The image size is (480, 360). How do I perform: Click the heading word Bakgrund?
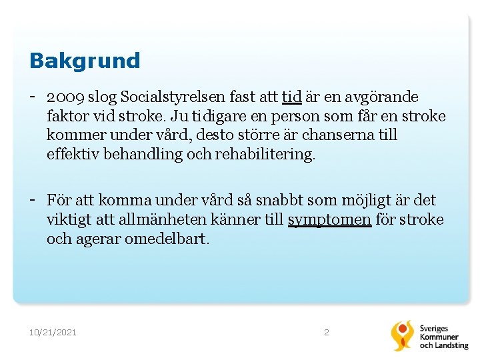tap(85, 61)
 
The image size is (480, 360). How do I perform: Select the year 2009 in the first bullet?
tap(66, 97)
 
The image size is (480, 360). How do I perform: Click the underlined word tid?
tap(292, 97)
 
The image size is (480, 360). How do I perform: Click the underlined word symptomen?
tap(329, 219)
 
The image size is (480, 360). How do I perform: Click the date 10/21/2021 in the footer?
tap(53, 332)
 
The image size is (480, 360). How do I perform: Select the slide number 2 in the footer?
tap(326, 332)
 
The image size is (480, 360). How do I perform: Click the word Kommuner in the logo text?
tap(439, 337)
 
